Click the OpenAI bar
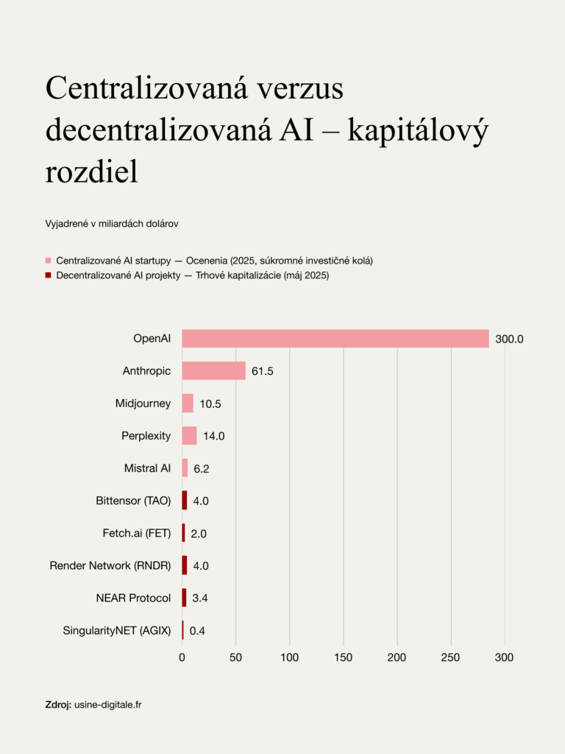(335, 339)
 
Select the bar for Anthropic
(213, 371)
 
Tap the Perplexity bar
(189, 436)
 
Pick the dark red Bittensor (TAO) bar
(185, 501)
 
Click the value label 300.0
(509, 339)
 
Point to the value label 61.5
(263, 371)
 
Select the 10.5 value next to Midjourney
(210, 404)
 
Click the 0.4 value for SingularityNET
(197, 630)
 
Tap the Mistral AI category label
(147, 468)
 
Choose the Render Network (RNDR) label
(110, 565)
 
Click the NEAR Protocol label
(133, 598)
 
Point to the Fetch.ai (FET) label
(137, 533)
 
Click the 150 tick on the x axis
(344, 657)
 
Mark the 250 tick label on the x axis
(451, 657)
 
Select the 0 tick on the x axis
(182, 657)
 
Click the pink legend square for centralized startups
(49, 261)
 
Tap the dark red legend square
(49, 275)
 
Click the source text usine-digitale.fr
(108, 705)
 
